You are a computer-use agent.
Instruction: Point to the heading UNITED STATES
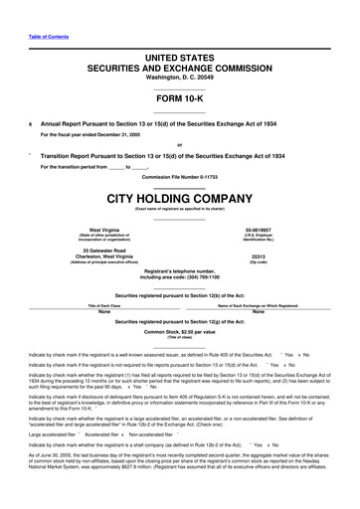point(180,34)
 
